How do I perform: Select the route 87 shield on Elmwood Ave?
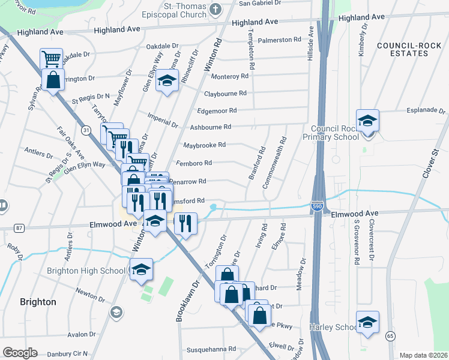tap(20, 228)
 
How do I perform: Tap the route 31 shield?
tap(86, 130)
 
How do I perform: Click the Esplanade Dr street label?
tap(426, 110)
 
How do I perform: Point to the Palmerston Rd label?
tap(279, 40)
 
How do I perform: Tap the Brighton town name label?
tap(38, 302)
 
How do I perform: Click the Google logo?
tap(20, 353)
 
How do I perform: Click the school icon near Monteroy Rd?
tap(167, 80)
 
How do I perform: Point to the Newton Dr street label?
tap(91, 292)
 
